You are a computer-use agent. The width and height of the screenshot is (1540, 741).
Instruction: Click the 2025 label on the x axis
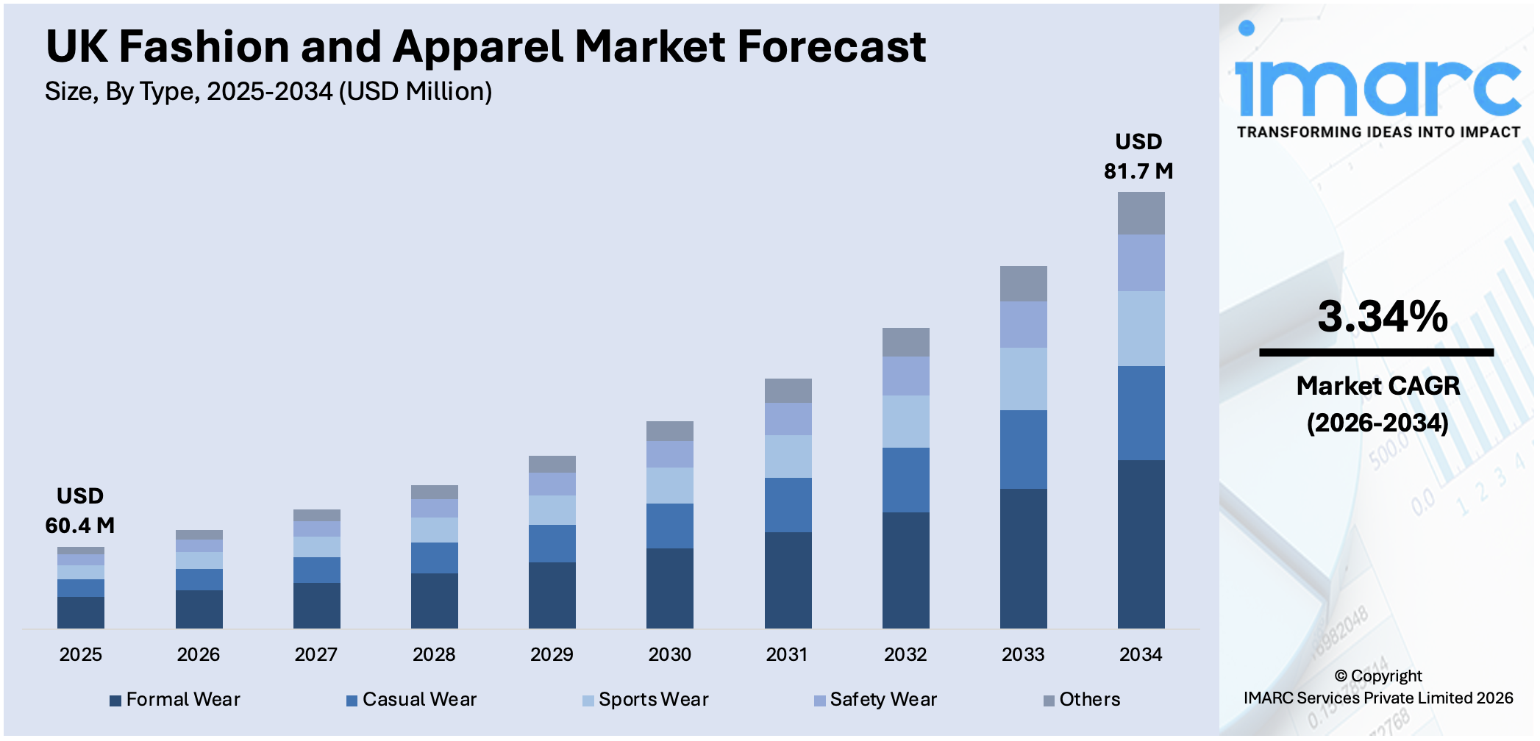pos(81,654)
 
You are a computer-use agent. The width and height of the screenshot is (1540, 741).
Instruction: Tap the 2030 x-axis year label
pos(669,654)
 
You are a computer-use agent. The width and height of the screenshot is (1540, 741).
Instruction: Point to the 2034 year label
pos(1141,654)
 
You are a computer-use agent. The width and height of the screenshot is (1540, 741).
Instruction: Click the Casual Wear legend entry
pos(412,699)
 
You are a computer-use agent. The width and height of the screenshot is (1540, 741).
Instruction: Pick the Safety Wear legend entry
pos(876,699)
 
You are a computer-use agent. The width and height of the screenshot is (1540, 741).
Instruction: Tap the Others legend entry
pos(1083,699)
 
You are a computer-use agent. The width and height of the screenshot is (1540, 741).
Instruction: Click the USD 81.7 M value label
pos(1138,157)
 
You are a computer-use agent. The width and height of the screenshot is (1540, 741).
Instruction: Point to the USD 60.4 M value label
pos(80,511)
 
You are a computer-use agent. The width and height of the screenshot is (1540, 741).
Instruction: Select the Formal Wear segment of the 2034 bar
pos(1141,544)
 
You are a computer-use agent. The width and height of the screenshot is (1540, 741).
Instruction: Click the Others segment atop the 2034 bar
pos(1141,213)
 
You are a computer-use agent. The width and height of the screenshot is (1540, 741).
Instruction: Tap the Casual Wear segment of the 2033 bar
pos(1023,449)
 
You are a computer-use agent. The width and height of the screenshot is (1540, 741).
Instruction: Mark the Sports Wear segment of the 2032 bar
pos(905,421)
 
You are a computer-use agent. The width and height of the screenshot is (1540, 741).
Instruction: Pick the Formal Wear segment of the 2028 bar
pos(434,601)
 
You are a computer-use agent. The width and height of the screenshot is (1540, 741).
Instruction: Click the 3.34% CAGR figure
pos(1382,316)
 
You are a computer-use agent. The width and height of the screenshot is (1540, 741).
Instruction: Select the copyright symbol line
pos(1377,676)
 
